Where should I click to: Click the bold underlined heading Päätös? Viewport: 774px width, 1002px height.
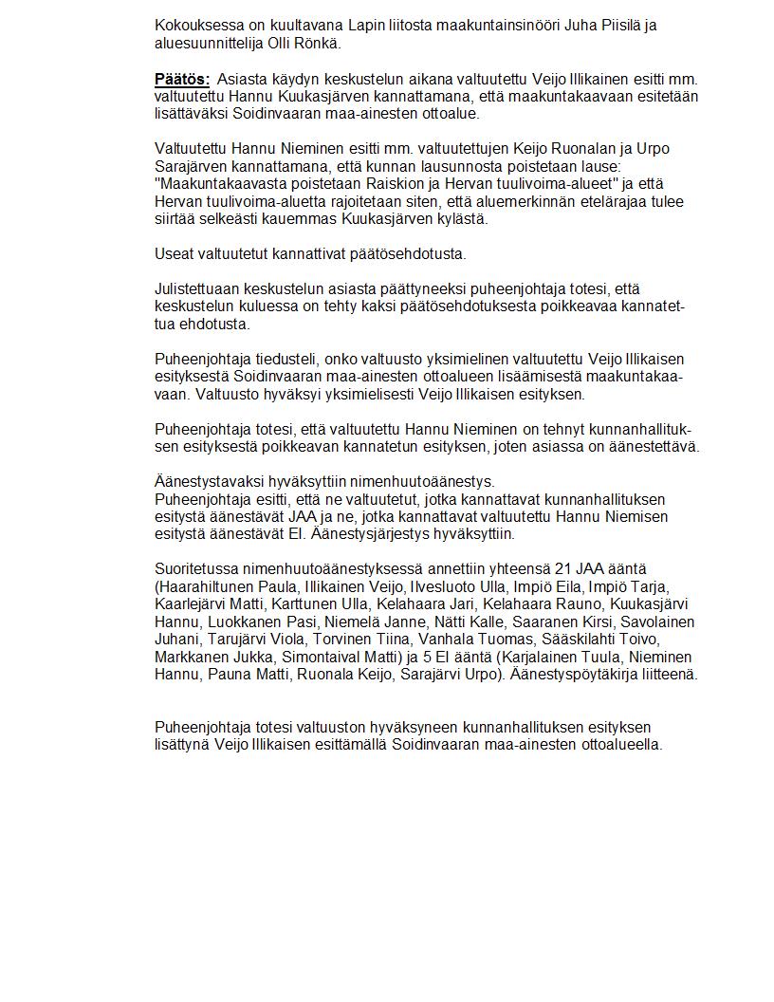tap(182, 79)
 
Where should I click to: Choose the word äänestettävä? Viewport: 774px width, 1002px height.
tap(654, 447)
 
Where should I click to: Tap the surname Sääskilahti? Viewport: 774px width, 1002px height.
tap(586, 640)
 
